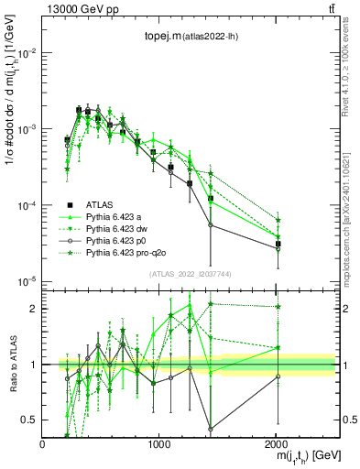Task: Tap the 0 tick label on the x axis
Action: click(x=43, y=444)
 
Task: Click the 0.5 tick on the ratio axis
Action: click(x=29, y=420)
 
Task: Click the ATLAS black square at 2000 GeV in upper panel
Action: click(x=278, y=244)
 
